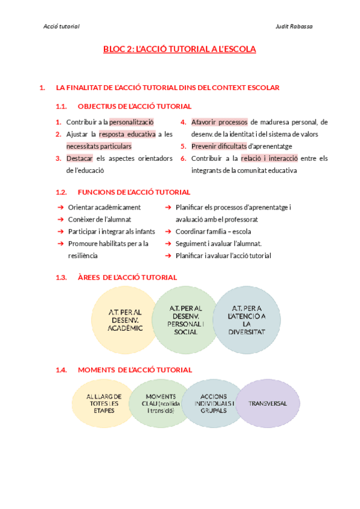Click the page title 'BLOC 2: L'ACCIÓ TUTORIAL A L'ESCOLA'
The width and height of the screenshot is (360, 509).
tap(179, 49)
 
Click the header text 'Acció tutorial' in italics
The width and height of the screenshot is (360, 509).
tap(62, 26)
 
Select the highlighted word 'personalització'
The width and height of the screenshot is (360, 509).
tap(131, 122)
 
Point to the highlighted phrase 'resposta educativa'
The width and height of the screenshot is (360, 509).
tap(127, 134)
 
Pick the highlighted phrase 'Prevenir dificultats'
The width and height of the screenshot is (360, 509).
tap(219, 146)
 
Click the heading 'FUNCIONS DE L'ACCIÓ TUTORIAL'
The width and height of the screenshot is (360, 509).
tap(134, 192)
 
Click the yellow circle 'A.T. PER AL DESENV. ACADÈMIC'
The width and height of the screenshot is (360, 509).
tap(125, 320)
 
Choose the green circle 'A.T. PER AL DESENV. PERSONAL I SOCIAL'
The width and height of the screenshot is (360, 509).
tap(185, 319)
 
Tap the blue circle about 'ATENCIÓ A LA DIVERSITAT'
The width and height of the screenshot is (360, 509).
tap(247, 319)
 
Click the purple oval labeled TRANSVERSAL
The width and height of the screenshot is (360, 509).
tap(268, 403)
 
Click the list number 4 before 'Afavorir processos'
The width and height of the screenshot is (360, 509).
tap(184, 122)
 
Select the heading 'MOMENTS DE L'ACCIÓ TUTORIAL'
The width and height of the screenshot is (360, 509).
tap(135, 370)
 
